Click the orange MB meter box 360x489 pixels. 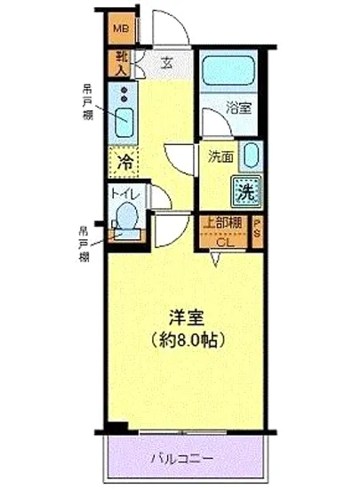pyautogui.click(x=122, y=28)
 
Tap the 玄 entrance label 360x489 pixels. pyautogui.click(x=168, y=63)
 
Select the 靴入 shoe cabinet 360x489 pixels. pyautogui.click(x=120, y=62)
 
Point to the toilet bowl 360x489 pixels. pyautogui.click(x=127, y=216)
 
